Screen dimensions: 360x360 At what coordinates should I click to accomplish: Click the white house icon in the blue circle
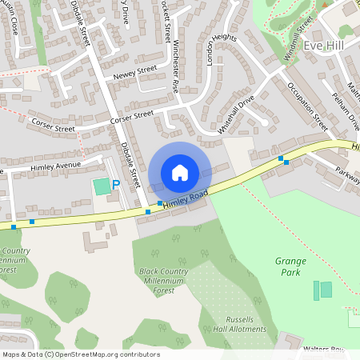[x=179, y=172]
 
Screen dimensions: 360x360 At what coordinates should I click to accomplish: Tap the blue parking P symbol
[x=115, y=185]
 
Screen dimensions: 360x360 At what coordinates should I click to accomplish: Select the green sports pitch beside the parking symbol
[x=101, y=186]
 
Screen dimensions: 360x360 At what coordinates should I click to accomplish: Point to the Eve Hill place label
[x=324, y=46]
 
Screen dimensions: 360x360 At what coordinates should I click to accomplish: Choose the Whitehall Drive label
[x=236, y=114]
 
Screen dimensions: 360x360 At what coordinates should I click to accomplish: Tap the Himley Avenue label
[x=57, y=166]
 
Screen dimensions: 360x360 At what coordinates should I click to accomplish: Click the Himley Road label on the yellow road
[x=186, y=199]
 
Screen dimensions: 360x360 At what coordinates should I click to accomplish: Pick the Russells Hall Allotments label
[x=241, y=324]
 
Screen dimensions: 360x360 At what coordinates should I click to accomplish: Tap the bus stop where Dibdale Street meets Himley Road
[x=148, y=212]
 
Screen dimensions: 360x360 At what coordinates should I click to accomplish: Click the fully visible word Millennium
[x=163, y=282]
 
